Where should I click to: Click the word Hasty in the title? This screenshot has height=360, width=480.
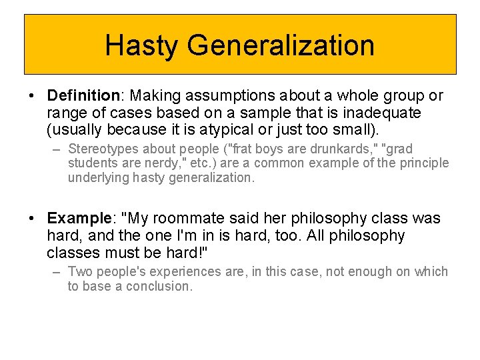(x=142, y=45)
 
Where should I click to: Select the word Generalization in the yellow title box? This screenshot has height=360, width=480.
(x=281, y=45)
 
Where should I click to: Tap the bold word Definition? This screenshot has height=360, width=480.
(x=83, y=96)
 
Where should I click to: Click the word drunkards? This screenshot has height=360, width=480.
(x=343, y=149)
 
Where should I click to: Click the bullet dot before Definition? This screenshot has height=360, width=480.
(x=33, y=97)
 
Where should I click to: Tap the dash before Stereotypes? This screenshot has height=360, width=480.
(x=57, y=149)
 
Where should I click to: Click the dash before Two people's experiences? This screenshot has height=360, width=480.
(x=57, y=272)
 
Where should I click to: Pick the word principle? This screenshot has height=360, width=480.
(x=425, y=163)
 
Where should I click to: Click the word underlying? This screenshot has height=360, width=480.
(x=97, y=178)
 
